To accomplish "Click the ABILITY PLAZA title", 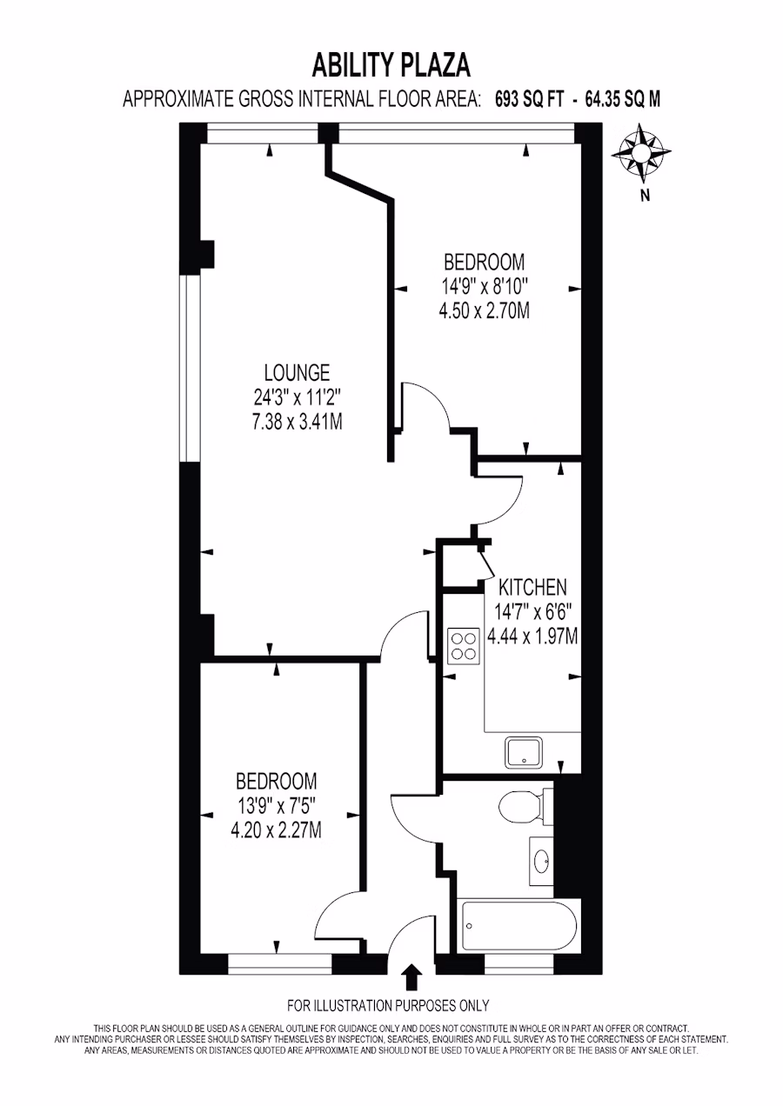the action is pos(391,66).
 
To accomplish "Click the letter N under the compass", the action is pos(645,196).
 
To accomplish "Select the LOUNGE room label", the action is pos(297,373).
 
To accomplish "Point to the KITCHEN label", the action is pos(532,588).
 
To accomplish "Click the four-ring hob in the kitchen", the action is pos(463,645).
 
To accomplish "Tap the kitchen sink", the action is pos(524,752).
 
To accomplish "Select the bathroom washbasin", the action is pos(542,860).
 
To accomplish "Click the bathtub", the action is pos(519,926).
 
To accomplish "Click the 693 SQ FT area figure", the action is pos(529,100).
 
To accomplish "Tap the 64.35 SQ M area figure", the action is pos(622,100).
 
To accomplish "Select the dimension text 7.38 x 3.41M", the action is pos(297,423).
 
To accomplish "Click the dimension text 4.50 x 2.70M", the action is pos(484,311).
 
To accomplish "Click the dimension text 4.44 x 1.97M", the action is pos(532,636).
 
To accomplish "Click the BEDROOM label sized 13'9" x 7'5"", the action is pos(276,782).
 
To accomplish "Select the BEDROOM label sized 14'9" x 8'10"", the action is pos(484,263).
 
